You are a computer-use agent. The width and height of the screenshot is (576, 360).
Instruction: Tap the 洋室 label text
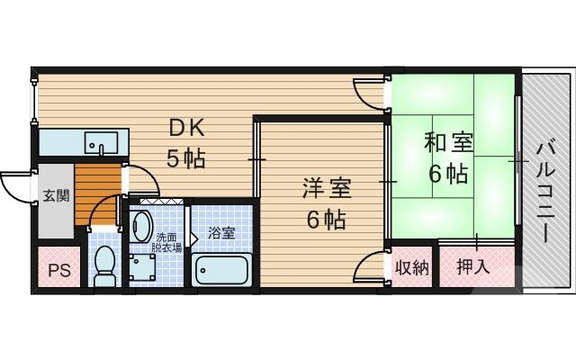[x=326, y=189]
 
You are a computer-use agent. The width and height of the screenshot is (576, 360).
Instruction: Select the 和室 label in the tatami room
[x=447, y=143]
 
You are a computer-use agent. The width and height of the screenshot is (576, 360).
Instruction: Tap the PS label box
[x=58, y=268]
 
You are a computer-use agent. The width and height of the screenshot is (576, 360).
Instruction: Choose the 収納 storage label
[x=411, y=266]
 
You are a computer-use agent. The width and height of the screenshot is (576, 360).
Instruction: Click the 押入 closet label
[x=473, y=266]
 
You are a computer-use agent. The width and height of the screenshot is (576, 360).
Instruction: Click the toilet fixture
[x=105, y=265]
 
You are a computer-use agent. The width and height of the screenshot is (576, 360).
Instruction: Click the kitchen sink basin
[x=100, y=142]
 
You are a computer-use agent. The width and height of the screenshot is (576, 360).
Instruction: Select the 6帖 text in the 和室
[x=447, y=173]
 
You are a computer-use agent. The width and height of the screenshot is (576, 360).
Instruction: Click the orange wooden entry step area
[x=96, y=193]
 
